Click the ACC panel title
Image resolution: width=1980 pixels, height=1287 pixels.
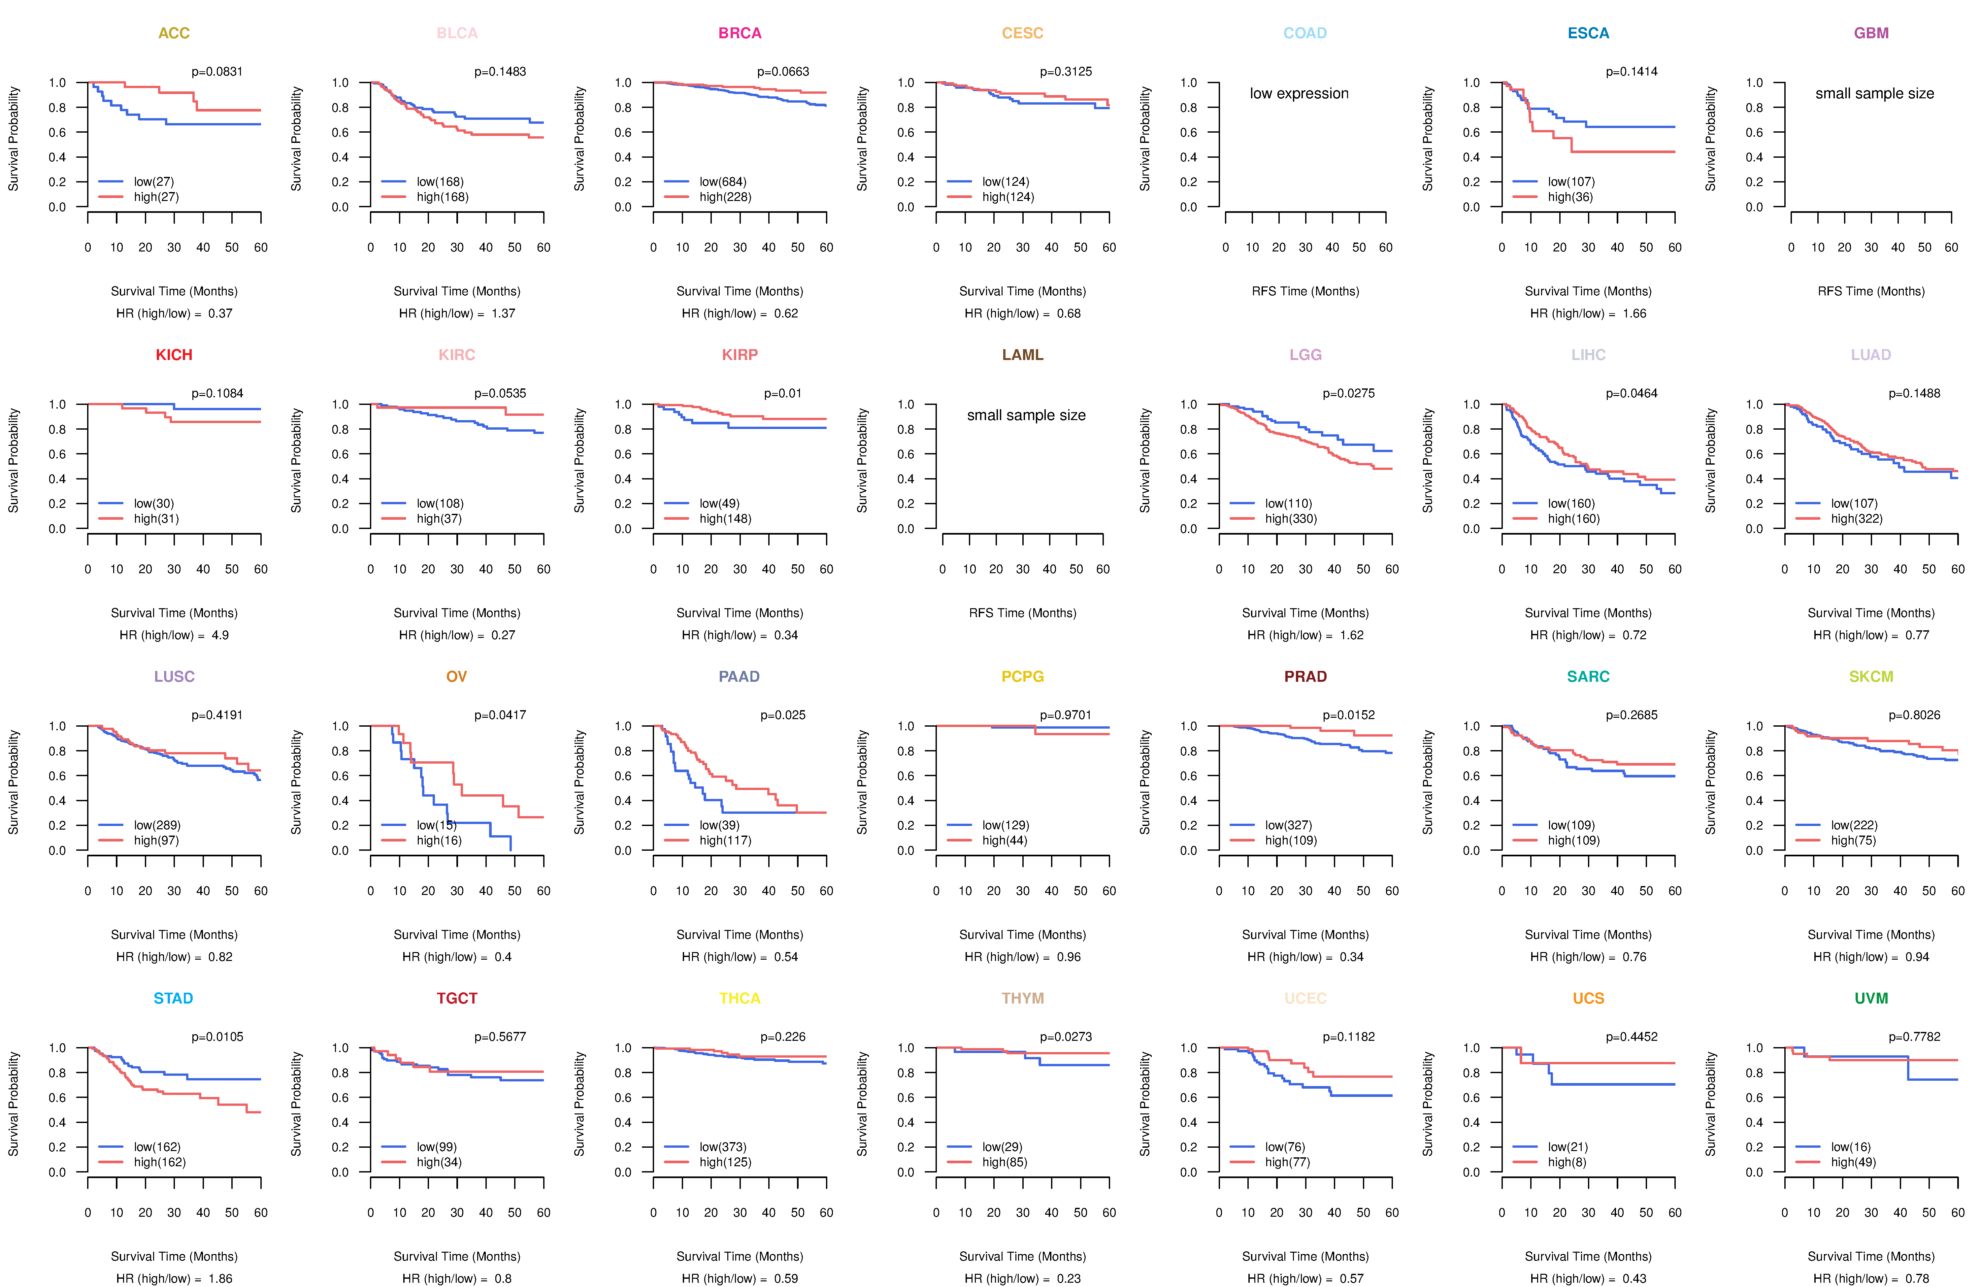(x=174, y=33)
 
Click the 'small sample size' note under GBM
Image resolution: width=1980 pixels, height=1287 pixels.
(x=1874, y=93)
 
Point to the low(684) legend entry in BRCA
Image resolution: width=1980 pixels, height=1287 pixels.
(x=723, y=181)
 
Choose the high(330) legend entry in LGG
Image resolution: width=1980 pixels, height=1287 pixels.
(x=1291, y=518)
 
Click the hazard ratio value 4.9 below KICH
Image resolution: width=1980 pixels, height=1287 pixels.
(x=220, y=635)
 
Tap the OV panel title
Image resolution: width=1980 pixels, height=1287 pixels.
(x=457, y=676)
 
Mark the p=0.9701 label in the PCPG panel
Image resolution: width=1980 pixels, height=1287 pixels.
(x=1066, y=715)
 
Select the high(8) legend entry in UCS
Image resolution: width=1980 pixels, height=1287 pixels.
(x=1567, y=1162)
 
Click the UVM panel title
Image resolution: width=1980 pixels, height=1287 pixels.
(x=1871, y=998)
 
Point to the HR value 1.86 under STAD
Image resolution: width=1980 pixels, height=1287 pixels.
(x=220, y=1279)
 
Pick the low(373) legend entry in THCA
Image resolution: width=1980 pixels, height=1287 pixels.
(x=723, y=1147)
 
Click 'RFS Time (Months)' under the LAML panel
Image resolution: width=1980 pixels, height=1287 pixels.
(x=1022, y=613)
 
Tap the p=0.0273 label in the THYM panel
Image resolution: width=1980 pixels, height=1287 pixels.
(x=1066, y=1038)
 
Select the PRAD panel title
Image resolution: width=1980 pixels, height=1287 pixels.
(x=1305, y=676)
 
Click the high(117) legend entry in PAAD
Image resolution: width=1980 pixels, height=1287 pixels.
(x=725, y=840)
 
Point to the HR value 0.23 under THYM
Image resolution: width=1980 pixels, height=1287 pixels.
(x=1069, y=1279)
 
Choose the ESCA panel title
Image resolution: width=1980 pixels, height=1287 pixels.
(x=1588, y=33)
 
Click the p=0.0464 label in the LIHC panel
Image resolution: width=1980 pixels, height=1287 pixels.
(x=1632, y=393)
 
